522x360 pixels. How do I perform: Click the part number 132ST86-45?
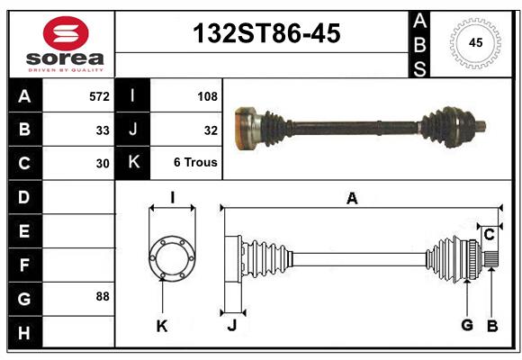coord(267,33)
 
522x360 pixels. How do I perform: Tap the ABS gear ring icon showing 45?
coord(474,42)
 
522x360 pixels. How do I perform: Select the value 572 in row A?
coord(99,95)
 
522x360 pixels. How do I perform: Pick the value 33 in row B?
coord(103,130)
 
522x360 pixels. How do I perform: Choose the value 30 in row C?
coord(103,164)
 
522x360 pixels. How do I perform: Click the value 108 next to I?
coord(207,95)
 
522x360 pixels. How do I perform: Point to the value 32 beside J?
coord(211,130)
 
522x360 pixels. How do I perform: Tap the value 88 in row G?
coord(103,296)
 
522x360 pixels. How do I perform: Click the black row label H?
coord(24,335)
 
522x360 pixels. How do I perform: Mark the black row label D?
coord(24,196)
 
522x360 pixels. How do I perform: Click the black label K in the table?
coord(133,163)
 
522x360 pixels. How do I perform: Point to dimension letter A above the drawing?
coord(352,199)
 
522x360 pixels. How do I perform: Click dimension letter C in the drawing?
coord(489,236)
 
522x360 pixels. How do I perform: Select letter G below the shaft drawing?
coord(467,325)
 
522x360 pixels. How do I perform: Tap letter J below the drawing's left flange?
coord(231,325)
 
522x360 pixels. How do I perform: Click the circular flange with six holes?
coord(171,258)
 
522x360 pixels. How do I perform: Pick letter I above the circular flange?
coord(172,196)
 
